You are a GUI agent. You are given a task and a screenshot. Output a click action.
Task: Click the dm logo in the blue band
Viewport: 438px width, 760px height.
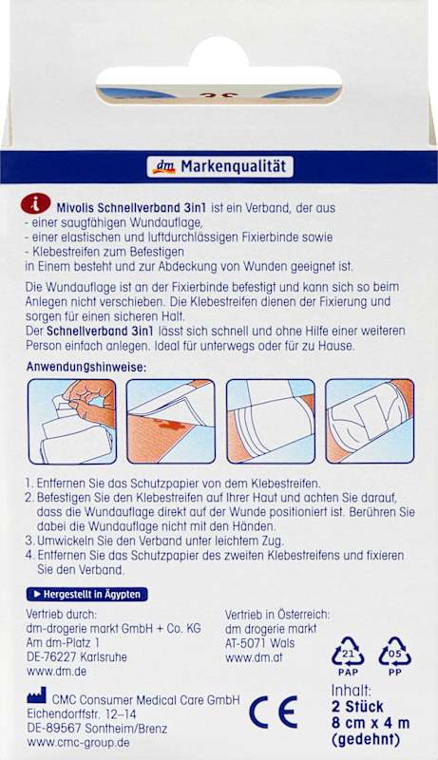(163, 167)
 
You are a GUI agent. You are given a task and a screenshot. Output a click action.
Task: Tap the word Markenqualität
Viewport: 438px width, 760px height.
(234, 167)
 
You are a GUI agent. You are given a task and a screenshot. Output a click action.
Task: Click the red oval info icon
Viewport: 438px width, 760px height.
(35, 202)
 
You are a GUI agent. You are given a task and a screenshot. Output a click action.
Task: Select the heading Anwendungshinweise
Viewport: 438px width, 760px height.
(86, 367)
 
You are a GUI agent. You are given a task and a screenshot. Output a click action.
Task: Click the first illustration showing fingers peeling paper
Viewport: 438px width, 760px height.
(72, 421)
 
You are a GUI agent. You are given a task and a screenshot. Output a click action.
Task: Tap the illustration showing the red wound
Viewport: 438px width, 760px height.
(171, 421)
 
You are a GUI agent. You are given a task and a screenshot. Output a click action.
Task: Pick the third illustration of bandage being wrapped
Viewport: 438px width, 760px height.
(271, 421)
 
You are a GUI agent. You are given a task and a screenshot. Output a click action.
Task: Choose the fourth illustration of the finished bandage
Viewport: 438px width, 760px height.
(370, 421)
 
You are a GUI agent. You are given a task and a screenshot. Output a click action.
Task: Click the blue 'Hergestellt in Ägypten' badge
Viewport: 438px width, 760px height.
(86, 595)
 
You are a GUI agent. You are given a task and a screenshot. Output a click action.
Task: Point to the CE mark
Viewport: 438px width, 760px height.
(274, 712)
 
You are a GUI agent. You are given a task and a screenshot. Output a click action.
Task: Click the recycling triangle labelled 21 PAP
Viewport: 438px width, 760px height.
(348, 656)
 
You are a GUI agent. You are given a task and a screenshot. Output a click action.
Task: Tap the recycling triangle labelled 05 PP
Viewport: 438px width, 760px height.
(395, 656)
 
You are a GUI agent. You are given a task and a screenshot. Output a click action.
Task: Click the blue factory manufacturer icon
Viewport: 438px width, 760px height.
(37, 695)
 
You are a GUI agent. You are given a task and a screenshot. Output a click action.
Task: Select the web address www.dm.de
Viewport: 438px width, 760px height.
(56, 672)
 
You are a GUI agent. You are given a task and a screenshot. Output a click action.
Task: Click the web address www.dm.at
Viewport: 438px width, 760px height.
(254, 657)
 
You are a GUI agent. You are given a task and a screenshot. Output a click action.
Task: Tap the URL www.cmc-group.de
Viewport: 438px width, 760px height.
(78, 742)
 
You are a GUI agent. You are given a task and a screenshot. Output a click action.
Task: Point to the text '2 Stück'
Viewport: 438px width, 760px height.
(357, 706)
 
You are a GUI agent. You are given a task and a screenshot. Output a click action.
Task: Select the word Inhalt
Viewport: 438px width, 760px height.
(352, 690)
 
